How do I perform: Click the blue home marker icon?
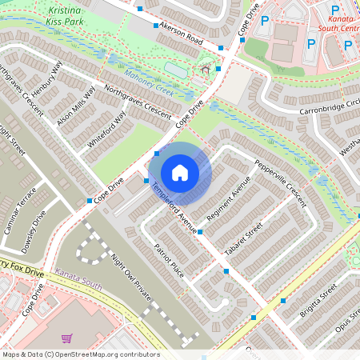point(180,172)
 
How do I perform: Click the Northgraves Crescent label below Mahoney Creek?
point(137,102)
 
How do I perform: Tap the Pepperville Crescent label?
point(280,182)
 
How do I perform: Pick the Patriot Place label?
point(170,260)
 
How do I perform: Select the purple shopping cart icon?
point(66,338)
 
